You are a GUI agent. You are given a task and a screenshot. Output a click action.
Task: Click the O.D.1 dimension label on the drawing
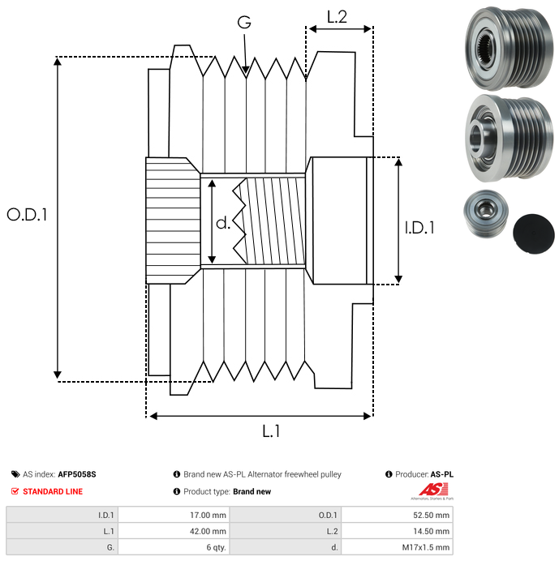[28, 215]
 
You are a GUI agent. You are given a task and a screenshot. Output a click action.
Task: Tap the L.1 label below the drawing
[271, 431]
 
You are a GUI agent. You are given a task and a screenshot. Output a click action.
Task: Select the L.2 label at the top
[337, 17]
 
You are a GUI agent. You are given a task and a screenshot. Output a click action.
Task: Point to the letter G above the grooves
[243, 24]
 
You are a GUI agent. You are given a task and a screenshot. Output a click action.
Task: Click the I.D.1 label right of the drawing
[419, 229]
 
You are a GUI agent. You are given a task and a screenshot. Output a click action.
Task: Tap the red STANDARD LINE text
[53, 491]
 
